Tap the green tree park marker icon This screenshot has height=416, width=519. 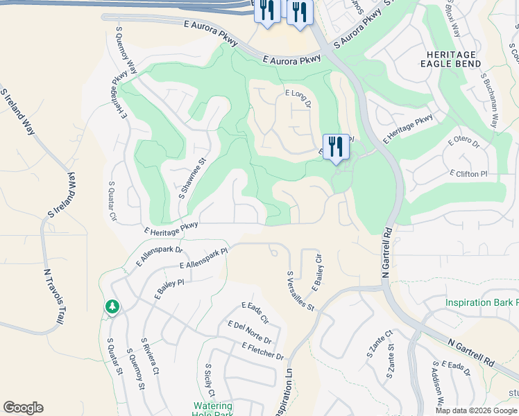point(112,306)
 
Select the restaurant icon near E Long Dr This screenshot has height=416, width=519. point(336,147)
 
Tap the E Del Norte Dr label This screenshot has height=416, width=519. point(248,335)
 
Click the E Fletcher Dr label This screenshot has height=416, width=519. point(263,351)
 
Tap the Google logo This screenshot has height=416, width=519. point(23,408)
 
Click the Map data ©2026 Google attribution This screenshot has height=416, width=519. point(476,410)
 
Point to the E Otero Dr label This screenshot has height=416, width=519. point(464,143)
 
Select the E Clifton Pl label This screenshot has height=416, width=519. point(473,173)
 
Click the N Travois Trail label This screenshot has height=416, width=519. point(50,297)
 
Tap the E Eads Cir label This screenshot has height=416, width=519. point(255,313)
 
